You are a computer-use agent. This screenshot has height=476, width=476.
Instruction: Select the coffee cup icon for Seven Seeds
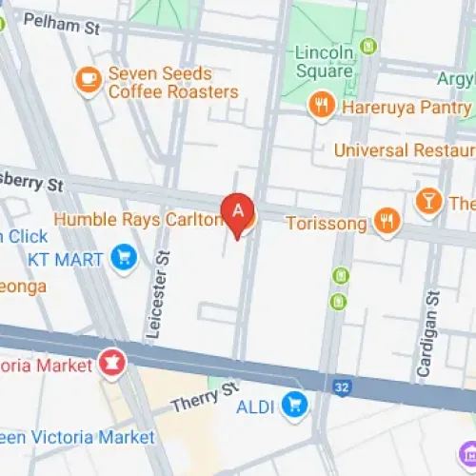point(89,80)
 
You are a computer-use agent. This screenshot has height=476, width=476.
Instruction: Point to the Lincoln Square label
point(324,59)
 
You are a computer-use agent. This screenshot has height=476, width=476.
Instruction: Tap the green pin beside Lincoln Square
point(369,46)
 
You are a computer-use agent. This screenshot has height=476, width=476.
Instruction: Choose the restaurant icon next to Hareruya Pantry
point(322,105)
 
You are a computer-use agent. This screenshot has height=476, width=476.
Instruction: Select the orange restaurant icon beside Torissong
point(387,222)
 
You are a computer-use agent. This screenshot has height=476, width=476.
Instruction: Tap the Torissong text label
point(327,223)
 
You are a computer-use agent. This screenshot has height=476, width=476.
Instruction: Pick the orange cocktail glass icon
point(429,201)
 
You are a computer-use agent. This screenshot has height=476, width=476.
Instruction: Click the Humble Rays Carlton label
point(139,220)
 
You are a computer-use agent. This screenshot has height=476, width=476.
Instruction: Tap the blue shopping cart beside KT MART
point(123,256)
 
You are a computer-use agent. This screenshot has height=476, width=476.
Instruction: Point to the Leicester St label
point(159,296)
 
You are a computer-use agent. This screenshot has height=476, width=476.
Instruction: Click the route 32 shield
point(341,386)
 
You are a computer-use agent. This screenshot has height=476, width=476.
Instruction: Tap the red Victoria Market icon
point(110,363)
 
